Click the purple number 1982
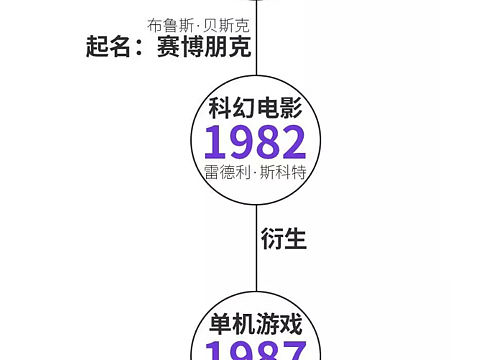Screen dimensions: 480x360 coord(254,143)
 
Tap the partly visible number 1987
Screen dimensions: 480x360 coord(254,352)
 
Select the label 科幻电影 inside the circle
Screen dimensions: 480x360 coord(254,109)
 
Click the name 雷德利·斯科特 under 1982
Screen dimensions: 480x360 coord(254,172)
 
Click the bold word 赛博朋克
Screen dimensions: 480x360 coord(203,48)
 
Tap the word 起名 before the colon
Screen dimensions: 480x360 coord(109,48)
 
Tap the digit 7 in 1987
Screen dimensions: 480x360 coord(292,352)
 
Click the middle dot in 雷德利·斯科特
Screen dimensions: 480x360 coord(255,172)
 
